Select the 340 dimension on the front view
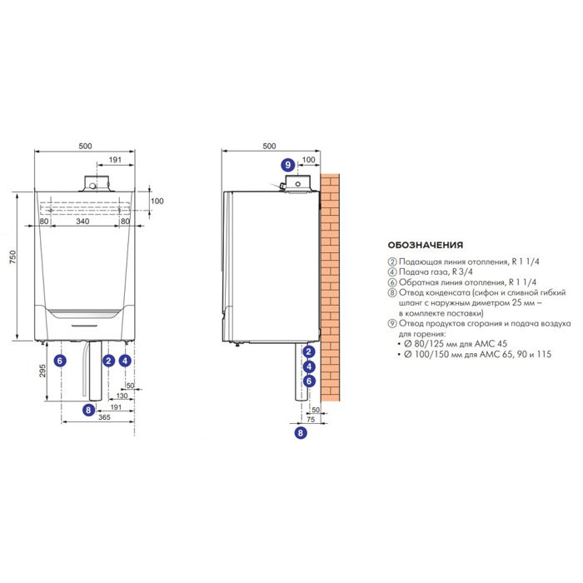pyautogui.click(x=83, y=222)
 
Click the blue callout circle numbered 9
pyautogui.click(x=288, y=165)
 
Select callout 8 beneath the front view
pyautogui.click(x=89, y=409)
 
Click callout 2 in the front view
pyautogui.click(x=107, y=361)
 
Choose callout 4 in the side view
pyautogui.click(x=309, y=366)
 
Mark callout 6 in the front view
pyautogui.click(x=58, y=361)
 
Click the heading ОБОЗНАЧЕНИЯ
pyautogui.click(x=426, y=246)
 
